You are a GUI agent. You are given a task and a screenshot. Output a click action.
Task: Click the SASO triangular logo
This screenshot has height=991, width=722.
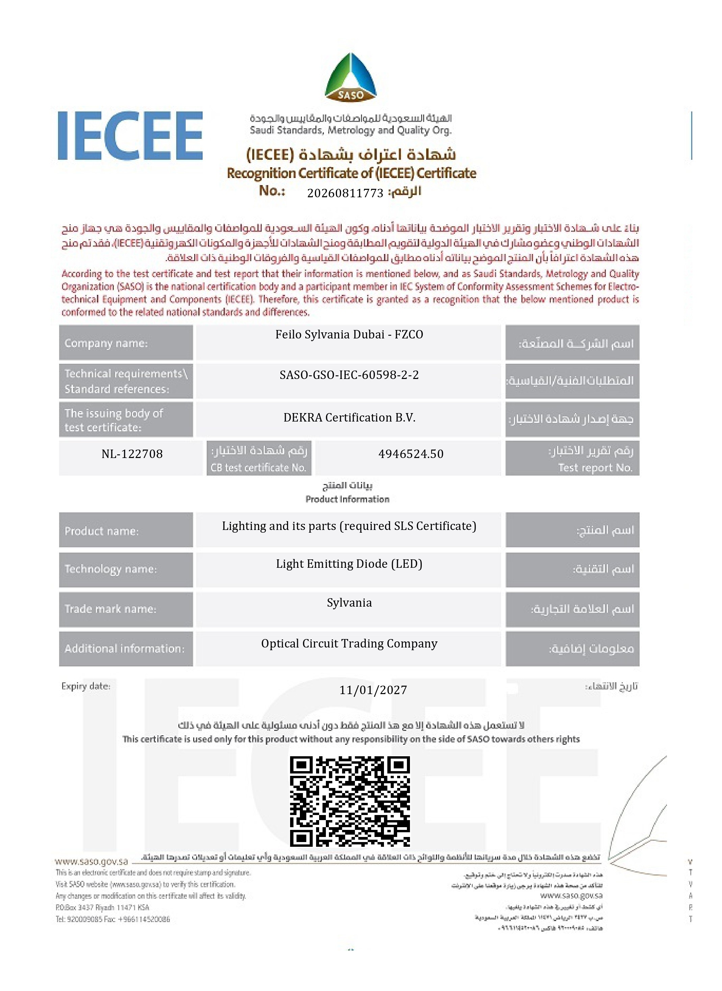coord(351,78)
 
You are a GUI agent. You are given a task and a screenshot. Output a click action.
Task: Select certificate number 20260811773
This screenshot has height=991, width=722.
coord(345,193)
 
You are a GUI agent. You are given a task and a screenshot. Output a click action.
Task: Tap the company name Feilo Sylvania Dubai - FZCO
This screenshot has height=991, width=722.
coord(349,334)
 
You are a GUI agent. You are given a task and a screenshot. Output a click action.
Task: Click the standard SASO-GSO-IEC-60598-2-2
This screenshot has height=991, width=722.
coord(349,375)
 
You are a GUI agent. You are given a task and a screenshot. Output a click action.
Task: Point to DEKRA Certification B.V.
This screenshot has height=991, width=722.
coord(349,417)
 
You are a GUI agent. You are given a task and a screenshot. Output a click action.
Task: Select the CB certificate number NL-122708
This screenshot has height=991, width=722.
coord(132,454)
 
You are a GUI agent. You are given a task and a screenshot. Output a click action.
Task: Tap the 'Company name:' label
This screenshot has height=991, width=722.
coord(106,343)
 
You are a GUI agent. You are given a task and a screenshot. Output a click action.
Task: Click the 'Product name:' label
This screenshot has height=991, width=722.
coord(102,531)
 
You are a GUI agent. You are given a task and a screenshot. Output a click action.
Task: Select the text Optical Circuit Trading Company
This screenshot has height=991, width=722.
coord(349,643)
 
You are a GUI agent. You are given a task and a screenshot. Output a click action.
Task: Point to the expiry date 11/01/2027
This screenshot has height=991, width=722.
coord(373,690)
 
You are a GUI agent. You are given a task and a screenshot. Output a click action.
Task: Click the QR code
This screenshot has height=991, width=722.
coord(350,801)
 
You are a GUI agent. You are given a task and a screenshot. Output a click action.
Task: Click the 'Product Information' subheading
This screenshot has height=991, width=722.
coord(347,499)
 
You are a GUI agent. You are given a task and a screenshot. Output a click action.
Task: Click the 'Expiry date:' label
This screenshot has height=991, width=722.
coord(86,686)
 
